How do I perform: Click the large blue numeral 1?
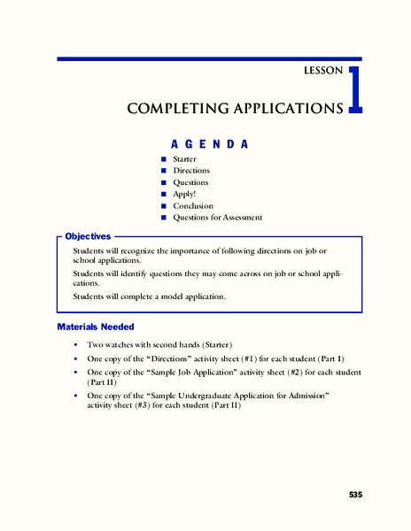[354, 90]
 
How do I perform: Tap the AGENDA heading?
[209, 143]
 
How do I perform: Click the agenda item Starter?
[185, 159]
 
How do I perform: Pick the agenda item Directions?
[191, 171]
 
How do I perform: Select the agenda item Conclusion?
[193, 205]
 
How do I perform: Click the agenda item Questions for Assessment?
[217, 217]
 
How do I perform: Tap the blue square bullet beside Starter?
[164, 159]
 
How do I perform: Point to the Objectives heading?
[88, 236]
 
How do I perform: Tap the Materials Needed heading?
[95, 327]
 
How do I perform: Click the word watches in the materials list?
[122, 343]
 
